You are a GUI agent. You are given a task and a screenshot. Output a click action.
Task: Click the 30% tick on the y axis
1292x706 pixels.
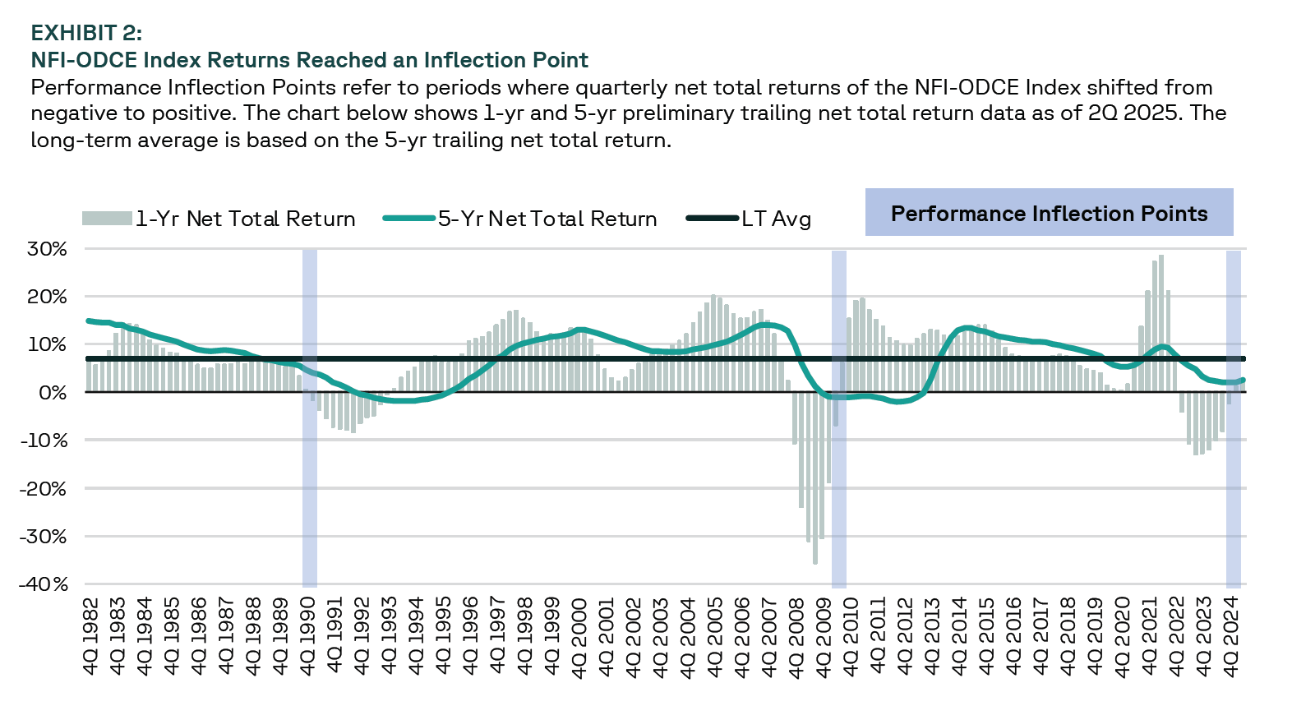(x=46, y=249)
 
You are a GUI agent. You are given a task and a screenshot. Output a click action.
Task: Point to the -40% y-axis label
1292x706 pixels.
(x=44, y=584)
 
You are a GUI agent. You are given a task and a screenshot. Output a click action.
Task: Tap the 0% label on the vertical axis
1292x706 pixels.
(x=53, y=393)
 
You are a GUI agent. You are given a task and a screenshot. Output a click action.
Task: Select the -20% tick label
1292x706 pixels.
(x=44, y=488)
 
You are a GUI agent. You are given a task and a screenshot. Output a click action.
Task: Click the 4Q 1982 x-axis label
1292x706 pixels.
(x=91, y=636)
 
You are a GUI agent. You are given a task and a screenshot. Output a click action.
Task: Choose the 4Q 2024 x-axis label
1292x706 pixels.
(x=1231, y=636)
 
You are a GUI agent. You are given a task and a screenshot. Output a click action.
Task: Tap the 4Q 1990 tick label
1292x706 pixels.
(x=308, y=636)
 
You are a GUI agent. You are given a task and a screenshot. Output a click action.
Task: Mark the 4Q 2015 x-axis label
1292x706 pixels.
(x=987, y=636)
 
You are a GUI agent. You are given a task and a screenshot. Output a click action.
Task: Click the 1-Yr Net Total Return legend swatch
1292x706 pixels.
(x=107, y=218)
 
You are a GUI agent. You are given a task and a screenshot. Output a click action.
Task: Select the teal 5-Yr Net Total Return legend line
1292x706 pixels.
(x=409, y=218)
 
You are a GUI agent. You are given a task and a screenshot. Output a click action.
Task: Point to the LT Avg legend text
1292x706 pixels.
(x=777, y=219)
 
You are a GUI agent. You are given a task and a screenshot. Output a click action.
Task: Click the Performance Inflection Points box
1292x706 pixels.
(x=1050, y=212)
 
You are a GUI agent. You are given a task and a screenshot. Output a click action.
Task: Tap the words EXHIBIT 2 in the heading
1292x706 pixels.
(x=86, y=33)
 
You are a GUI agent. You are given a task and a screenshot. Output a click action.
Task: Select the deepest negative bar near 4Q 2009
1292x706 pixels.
(x=815, y=478)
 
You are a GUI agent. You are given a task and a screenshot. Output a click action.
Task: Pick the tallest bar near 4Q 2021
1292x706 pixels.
(x=1161, y=324)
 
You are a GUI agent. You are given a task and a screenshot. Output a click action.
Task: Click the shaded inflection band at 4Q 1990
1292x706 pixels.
(x=310, y=419)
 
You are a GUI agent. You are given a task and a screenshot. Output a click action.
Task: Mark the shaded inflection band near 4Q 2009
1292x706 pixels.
(x=838, y=419)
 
